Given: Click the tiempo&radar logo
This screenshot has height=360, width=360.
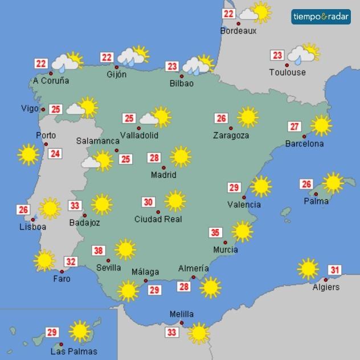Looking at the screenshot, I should coord(321,17).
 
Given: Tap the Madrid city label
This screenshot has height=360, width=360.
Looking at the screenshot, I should coord(163,175).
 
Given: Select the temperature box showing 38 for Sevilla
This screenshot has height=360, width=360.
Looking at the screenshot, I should coord(99,251).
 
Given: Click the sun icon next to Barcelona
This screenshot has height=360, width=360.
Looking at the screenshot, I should coord(321,125).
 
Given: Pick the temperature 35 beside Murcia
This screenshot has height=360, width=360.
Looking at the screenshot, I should coord(215,232).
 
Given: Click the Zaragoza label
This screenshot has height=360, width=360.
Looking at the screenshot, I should coord(231,136).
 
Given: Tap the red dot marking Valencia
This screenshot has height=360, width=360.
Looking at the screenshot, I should coord(244,197).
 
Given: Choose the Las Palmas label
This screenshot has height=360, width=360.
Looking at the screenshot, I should coord(73,351).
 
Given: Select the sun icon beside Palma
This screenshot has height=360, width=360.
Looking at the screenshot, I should coord(333,183).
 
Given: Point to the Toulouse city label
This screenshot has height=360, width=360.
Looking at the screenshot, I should coord(287,72).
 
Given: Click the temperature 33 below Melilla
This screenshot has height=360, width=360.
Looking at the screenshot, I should coord(171,332).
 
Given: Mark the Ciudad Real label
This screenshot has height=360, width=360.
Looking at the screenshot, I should coord(158,219).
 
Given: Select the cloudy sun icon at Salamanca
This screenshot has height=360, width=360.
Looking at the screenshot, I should coord(98,161).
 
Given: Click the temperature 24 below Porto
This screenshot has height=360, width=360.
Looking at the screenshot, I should coord(55,153).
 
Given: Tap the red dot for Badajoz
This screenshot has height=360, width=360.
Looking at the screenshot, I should coord(85,215).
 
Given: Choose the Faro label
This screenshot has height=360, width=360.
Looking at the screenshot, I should coord(62,279).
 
